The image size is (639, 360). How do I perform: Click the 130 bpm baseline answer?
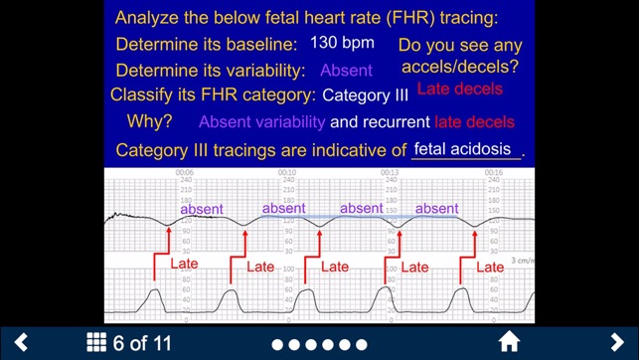click(342, 43)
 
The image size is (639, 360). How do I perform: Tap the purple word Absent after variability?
click(346, 71)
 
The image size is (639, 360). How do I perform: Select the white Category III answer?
click(366, 96)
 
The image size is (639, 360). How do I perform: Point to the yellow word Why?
click(149, 122)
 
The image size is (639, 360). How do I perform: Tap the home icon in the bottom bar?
click(509, 342)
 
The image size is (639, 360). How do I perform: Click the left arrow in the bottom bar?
click(21, 342)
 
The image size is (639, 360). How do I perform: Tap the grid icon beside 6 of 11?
click(96, 342)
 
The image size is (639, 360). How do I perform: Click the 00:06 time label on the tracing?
click(184, 172)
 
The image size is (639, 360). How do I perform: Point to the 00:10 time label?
click(286, 172)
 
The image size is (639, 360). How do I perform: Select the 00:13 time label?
click(390, 172)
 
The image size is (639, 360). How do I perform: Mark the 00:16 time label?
click(493, 172)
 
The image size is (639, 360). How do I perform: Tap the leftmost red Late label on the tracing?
click(185, 265)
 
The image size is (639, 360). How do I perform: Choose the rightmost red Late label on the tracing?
click(490, 267)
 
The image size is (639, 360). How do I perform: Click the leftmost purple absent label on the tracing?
click(202, 209)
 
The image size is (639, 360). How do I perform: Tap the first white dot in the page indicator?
click(278, 344)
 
